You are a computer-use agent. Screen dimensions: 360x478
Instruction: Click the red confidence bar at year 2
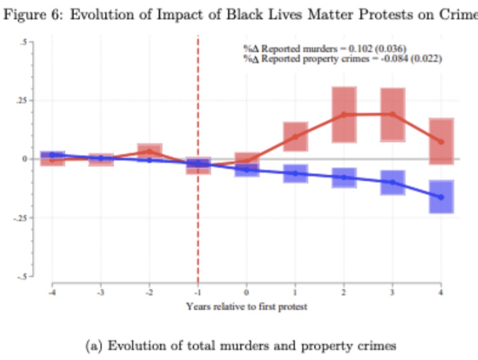344,114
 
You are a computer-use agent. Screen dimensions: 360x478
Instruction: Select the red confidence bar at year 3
393,114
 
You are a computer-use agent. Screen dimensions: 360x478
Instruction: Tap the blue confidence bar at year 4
441,196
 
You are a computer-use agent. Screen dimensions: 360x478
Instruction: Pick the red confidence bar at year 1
296,136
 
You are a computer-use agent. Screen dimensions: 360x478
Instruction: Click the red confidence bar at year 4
441,141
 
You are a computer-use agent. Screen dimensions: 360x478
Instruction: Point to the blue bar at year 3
393,182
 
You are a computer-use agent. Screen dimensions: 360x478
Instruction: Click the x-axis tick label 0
247,293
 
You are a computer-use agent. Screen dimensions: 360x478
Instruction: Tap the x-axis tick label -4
51,293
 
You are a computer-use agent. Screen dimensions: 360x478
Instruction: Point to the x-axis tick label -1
198,293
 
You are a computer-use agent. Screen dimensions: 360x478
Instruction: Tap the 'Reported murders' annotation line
324,47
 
